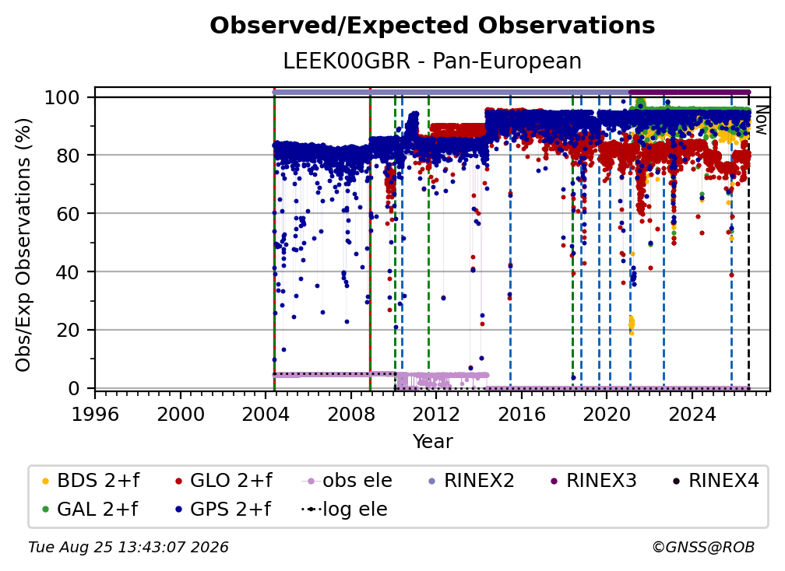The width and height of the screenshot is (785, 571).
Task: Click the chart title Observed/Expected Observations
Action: click(432, 26)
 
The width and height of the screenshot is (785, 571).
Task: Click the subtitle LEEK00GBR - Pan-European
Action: click(432, 61)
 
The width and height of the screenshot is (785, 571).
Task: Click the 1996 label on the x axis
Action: click(95, 414)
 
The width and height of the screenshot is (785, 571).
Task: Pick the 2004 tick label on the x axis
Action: click(266, 414)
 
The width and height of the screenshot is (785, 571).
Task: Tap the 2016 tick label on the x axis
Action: click(521, 414)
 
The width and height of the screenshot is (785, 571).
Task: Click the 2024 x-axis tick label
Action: click(692, 414)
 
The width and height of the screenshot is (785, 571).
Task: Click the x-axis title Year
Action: click(432, 442)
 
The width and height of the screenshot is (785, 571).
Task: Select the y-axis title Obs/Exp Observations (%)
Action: click(23, 245)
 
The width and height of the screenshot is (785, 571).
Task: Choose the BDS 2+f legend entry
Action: click(90, 481)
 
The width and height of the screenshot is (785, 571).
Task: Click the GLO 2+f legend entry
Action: click(224, 481)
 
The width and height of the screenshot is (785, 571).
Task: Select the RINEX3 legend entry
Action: click(593, 481)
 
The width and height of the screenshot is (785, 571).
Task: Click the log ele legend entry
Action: click(344, 509)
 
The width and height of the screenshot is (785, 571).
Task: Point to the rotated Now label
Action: click(761, 120)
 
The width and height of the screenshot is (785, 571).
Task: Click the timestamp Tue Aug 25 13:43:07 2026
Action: click(128, 548)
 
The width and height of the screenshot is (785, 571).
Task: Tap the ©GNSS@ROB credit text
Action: click(703, 548)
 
